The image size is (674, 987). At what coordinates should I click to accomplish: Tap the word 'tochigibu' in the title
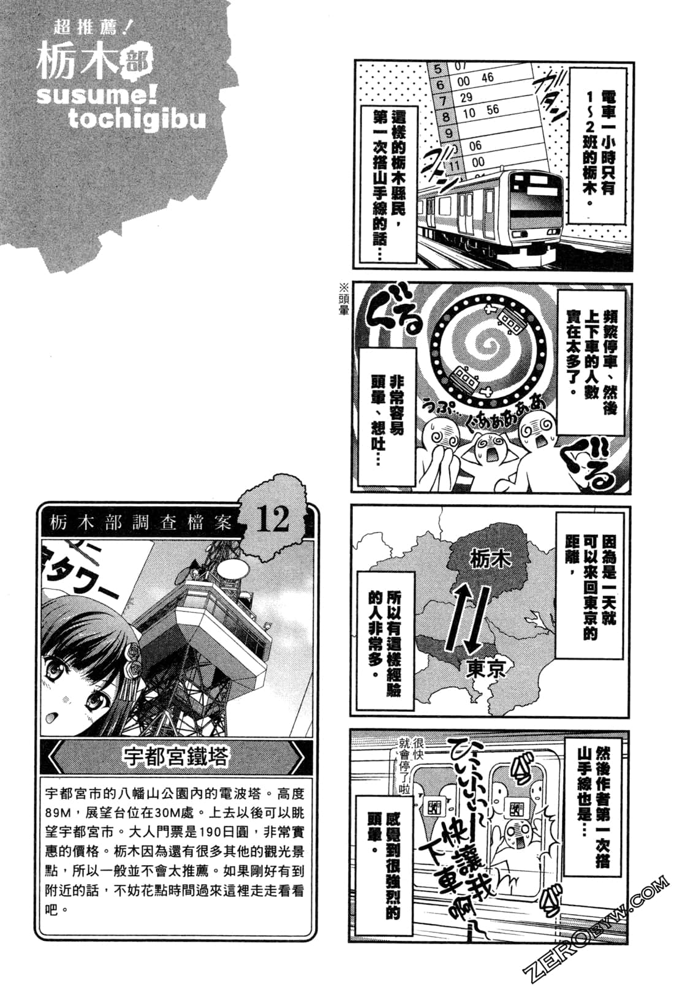coord(136,118)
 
